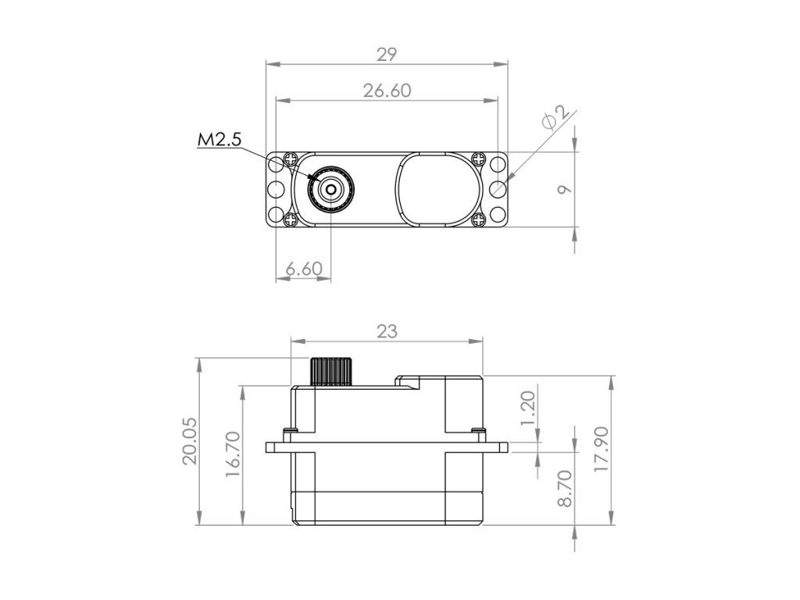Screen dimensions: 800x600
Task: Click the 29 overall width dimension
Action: tap(387, 54)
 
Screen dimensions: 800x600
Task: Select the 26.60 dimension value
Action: tap(387, 91)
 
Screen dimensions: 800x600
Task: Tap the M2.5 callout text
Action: tap(219, 139)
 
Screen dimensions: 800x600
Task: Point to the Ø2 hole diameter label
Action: tap(556, 119)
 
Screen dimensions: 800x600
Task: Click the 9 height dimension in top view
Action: tap(564, 189)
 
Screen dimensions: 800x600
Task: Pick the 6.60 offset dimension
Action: tap(304, 269)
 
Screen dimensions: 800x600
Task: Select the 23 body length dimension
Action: tap(387, 331)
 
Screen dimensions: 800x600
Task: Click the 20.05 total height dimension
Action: tap(190, 441)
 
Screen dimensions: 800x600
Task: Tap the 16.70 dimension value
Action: tap(233, 455)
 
